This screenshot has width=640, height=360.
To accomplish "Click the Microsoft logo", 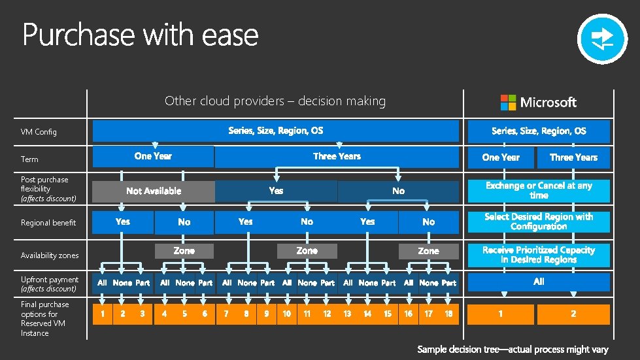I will coord(539,102).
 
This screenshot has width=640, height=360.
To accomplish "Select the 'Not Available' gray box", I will coord(154,191).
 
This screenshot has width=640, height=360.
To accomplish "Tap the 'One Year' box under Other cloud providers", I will coord(153,156).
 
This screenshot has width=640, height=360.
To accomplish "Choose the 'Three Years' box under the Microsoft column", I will coord(573,157).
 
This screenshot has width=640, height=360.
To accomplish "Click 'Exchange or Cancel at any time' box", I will coord(539,190).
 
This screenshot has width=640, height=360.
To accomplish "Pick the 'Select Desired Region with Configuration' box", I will coord(539,221).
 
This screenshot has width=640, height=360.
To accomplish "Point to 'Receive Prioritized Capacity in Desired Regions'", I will coord(539,255).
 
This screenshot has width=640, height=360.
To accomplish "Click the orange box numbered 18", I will coord(448,314).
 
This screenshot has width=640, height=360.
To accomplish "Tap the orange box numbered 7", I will coord(226,314).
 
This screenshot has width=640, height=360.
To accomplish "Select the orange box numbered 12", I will coord(327,314).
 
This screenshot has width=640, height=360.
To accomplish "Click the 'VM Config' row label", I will coord(39,132).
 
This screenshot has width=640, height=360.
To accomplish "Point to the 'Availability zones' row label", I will coord(50,255).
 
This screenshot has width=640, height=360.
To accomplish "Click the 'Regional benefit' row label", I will coord(48,223).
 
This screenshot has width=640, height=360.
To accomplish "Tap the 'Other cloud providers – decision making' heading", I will coord(275,101).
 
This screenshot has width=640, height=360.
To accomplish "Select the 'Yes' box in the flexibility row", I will coord(276,191).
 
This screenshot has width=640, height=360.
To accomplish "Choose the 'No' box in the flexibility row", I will coord(398,191).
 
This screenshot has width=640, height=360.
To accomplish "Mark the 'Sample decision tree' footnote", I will coord(513,350).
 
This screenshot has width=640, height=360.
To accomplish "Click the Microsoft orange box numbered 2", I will coord(573,314).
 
